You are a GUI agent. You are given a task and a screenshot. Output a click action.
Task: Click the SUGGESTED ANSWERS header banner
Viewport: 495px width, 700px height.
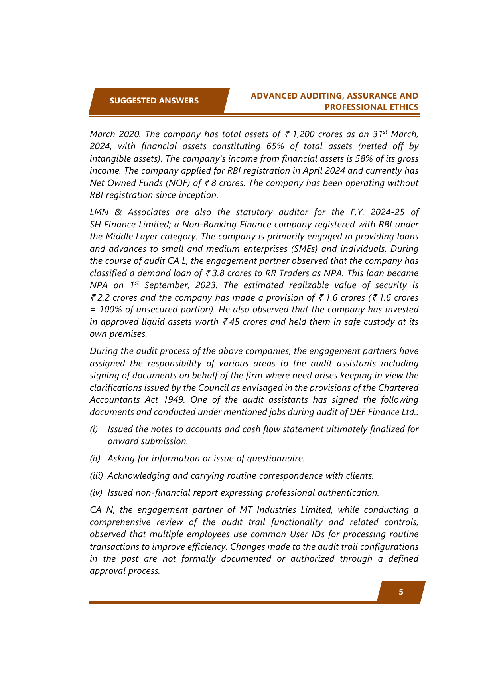(x=154, y=101)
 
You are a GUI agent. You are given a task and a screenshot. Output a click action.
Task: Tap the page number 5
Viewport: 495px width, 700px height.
(x=401, y=592)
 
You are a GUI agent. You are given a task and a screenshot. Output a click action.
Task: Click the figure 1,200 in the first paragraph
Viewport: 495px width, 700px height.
(x=304, y=134)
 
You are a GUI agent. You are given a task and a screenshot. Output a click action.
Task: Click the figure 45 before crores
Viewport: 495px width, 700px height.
(x=234, y=322)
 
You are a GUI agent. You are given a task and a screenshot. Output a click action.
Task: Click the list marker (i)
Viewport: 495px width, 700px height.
(x=94, y=429)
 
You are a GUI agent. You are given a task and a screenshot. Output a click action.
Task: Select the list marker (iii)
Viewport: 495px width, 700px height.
(x=96, y=476)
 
